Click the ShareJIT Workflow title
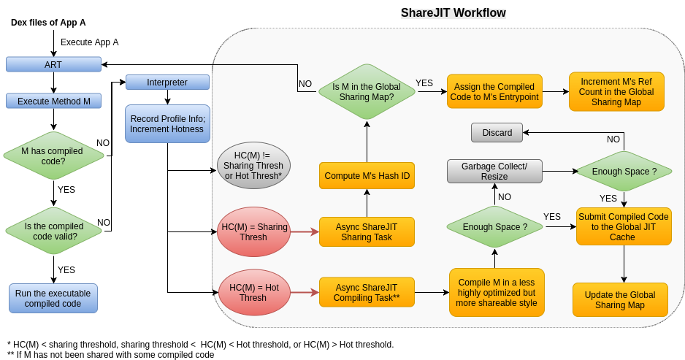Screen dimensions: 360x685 pos(453,13)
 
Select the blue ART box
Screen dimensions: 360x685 pos(53,64)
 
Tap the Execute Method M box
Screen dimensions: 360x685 pos(53,101)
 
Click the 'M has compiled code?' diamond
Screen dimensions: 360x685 pos(53,156)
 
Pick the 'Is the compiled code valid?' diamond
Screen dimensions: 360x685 pos(53,231)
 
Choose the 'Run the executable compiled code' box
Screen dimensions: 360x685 pos(53,298)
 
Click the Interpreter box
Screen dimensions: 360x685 pos(167,82)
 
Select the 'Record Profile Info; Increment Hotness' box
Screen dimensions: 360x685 pos(167,124)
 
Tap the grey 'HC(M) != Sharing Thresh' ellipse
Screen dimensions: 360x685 pos(253,166)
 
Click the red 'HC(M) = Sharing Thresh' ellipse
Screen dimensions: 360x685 pos(253,232)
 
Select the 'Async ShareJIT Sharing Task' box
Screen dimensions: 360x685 pos(367,232)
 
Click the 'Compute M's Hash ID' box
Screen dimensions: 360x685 pos(367,176)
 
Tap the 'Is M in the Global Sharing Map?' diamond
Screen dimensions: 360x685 pos(367,91)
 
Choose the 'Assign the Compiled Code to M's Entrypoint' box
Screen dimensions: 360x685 pos(494,92)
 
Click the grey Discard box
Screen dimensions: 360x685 pos(497,132)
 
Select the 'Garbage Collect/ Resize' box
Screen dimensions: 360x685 pos(494,171)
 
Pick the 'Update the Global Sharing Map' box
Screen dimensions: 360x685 pos(620,299)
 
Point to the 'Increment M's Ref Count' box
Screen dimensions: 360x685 pos(616,92)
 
